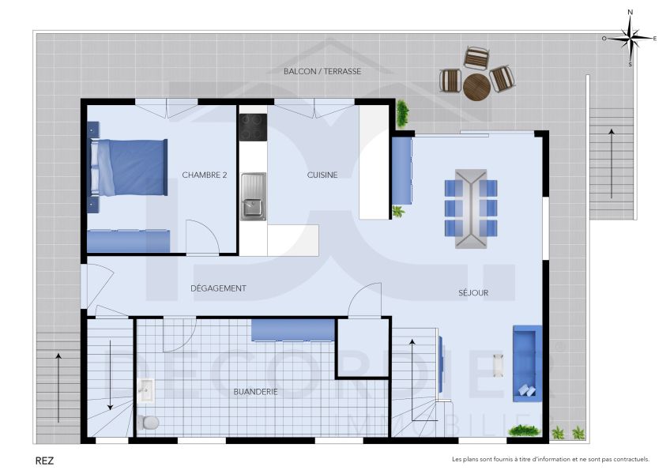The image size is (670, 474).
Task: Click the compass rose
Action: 630,37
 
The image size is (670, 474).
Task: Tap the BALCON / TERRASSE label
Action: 322,71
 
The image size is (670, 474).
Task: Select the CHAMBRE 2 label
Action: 205,175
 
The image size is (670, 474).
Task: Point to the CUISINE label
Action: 322,175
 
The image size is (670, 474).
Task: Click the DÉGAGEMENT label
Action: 218,288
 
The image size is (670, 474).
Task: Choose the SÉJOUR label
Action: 473,292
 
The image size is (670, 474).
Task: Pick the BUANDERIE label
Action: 255,391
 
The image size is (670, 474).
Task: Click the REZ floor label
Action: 45,458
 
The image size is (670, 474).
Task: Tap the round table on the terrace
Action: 476,87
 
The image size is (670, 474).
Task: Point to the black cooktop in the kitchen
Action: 253,126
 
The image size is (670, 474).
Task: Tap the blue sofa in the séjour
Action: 525,362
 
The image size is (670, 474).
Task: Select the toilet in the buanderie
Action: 148,422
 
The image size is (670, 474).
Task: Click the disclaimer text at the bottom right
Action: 550,459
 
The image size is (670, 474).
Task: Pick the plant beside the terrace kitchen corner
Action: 403,113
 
